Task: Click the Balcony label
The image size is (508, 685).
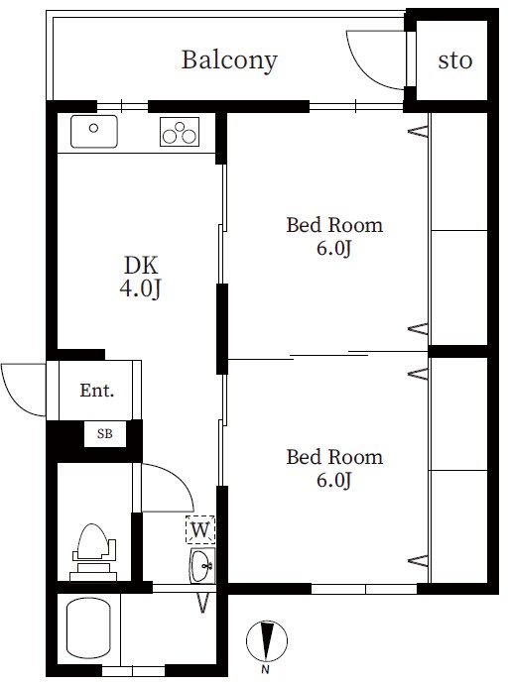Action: click(229, 60)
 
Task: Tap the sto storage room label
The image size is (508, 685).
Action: click(455, 60)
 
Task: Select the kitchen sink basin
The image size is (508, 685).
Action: click(94, 131)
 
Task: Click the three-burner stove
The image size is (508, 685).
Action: click(180, 132)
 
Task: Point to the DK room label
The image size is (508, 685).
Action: click(141, 265)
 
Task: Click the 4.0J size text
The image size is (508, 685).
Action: click(140, 288)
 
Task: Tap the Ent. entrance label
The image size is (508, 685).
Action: click(97, 391)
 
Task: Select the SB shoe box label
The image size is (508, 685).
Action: click(105, 434)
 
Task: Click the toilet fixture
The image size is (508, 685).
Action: click(93, 552)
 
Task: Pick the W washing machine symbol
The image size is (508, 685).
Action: click(200, 530)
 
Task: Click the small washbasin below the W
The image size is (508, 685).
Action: click(202, 566)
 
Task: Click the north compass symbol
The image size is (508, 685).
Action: click(267, 640)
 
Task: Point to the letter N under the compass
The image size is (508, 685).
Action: click(265, 669)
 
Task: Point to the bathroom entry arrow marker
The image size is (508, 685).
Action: click(202, 603)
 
